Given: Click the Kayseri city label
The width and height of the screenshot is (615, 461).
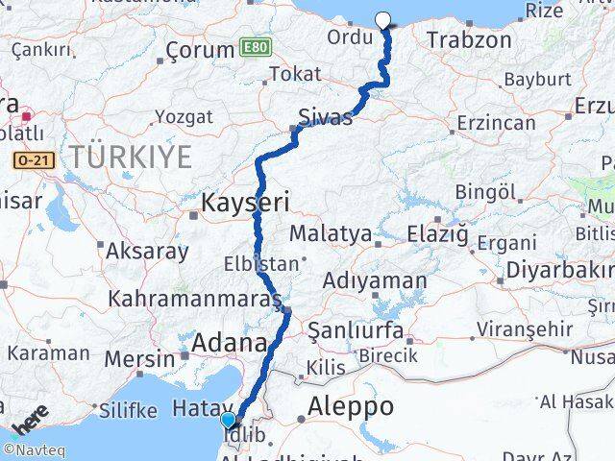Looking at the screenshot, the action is (244, 203).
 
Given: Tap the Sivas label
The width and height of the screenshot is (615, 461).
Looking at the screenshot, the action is (325, 117).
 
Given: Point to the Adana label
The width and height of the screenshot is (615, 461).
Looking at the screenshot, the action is (230, 343).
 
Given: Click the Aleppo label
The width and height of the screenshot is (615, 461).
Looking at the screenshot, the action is (351, 407).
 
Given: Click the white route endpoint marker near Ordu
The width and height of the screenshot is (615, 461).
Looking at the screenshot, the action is (383, 19).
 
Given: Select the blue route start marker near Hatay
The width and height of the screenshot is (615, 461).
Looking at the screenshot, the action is (228, 420).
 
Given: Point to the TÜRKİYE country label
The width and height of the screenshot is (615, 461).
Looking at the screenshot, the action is (129, 157).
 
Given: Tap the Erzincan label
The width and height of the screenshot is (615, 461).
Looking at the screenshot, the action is (496, 123).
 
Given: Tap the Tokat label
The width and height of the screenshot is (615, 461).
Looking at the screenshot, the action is (295, 74).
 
